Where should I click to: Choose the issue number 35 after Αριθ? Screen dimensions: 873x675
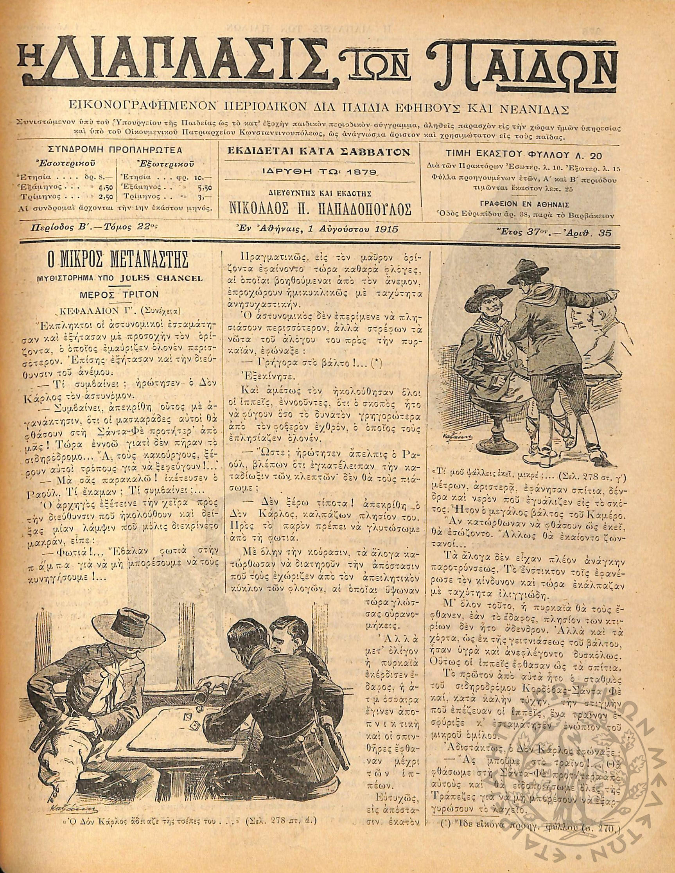tap(605, 233)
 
